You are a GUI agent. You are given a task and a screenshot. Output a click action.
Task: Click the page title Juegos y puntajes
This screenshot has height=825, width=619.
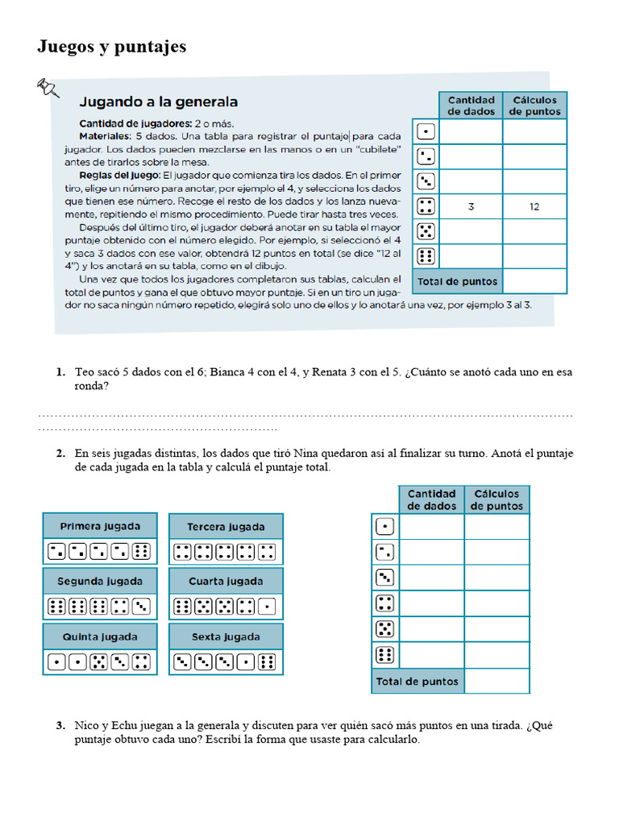coord(111,48)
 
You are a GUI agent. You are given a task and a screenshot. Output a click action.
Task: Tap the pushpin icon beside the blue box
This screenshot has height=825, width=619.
coord(49,87)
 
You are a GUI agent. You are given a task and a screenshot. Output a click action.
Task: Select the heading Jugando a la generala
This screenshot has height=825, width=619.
coord(158,102)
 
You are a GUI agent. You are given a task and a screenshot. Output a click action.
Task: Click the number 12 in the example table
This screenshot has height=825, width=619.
coord(534,207)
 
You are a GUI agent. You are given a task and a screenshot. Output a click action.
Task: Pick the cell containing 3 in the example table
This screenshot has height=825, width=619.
coord(471,207)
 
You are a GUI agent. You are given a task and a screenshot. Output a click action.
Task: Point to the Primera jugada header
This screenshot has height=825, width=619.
coord(100,526)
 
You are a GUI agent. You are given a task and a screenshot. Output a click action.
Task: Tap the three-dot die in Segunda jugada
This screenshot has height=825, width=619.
coord(141,607)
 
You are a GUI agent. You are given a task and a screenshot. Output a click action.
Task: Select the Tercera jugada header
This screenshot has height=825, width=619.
coord(226,527)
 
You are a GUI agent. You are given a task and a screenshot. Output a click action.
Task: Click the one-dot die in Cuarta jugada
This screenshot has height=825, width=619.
coord(268,607)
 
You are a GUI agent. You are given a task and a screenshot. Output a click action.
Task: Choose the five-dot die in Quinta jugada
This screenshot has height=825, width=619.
coord(99,662)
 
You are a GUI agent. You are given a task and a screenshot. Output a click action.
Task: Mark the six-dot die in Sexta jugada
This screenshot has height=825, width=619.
coord(268,662)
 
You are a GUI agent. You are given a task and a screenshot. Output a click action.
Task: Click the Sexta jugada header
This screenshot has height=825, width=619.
coord(226,636)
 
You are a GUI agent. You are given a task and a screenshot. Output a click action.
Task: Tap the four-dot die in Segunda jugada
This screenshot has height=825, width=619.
coord(120,607)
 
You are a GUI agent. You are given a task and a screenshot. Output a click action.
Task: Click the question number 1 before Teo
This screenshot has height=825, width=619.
coord(60,372)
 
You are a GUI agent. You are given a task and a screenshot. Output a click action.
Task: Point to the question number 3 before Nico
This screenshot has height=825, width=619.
coord(60,725)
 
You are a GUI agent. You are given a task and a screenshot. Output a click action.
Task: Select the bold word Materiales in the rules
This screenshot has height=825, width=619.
coord(106,136)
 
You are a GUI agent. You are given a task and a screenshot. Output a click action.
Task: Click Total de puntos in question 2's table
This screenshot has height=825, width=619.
coord(417,682)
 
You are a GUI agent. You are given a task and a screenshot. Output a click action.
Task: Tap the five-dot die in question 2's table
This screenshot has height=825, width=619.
coord(385,629)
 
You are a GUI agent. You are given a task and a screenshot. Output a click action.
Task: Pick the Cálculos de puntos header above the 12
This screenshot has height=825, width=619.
coord(534,106)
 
